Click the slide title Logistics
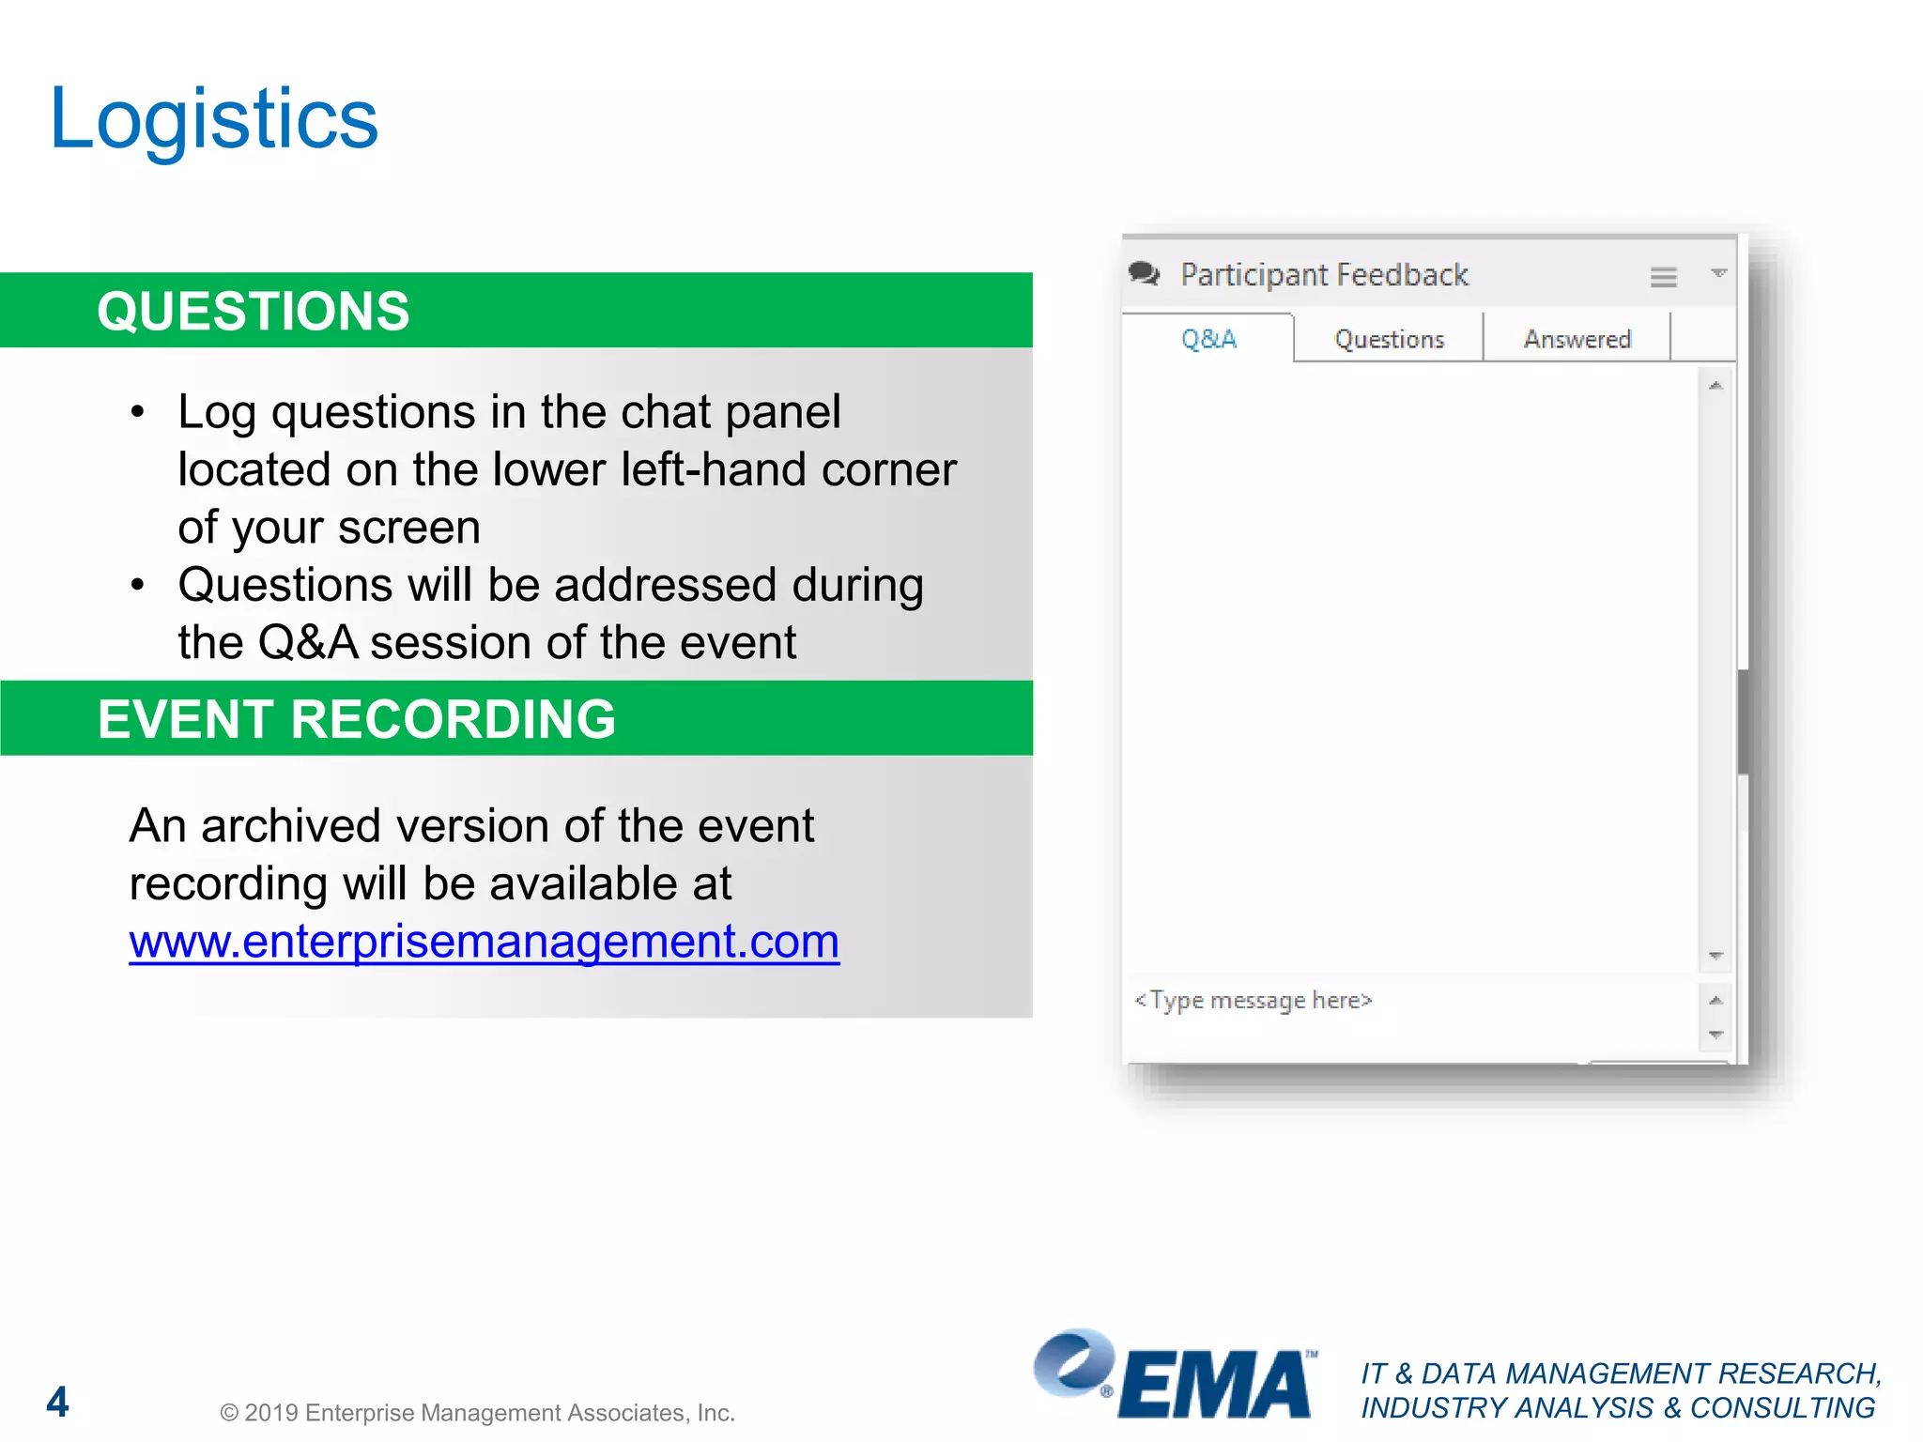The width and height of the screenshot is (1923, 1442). pyautogui.click(x=214, y=119)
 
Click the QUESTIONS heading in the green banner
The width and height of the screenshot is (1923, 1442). pyautogui.click(x=254, y=312)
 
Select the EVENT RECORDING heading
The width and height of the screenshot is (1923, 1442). pyautogui.click(x=357, y=719)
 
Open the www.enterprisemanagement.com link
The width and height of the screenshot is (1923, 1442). pyautogui.click(x=485, y=942)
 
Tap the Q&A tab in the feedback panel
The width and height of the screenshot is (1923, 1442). pyautogui.click(x=1208, y=339)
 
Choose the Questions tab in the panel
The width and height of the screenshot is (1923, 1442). pyautogui.click(x=1390, y=339)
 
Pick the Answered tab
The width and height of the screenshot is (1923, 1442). pyautogui.click(x=1577, y=339)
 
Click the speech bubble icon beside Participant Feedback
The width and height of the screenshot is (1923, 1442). pyautogui.click(x=1145, y=274)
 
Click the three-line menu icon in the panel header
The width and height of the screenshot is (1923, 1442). pyautogui.click(x=1663, y=277)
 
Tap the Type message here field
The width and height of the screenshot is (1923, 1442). pyautogui.click(x=1254, y=1001)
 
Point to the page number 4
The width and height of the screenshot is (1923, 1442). pyautogui.click(x=57, y=1403)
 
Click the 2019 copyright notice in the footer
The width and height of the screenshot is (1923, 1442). pyautogui.click(x=477, y=1413)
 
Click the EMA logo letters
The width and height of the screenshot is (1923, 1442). pyautogui.click(x=1216, y=1385)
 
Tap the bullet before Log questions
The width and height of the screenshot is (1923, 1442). pyautogui.click(x=138, y=412)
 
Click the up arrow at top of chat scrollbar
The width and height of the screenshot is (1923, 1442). pyautogui.click(x=1715, y=386)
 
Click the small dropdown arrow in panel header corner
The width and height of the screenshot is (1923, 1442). pyautogui.click(x=1718, y=273)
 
